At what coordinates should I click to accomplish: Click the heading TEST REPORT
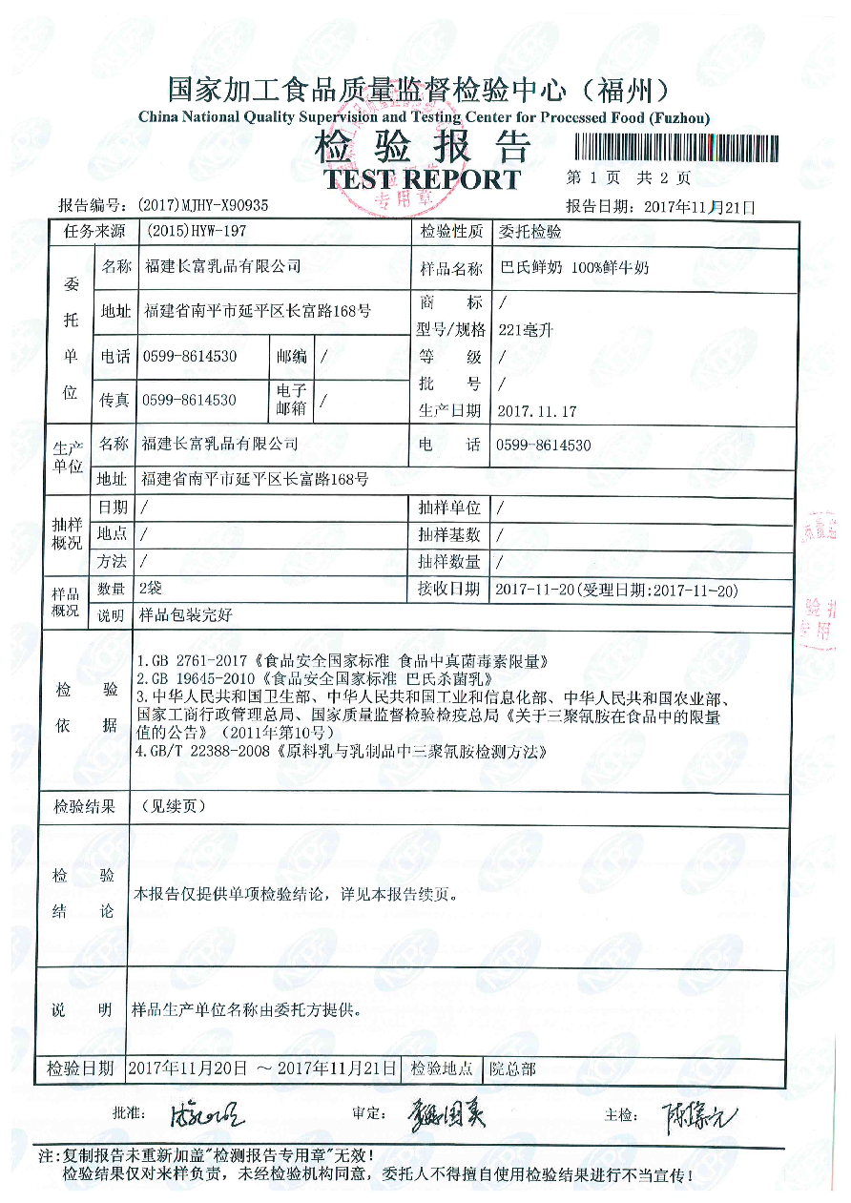click(423, 179)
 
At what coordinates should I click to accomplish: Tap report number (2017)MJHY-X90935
click(203, 205)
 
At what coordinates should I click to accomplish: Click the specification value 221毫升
click(527, 331)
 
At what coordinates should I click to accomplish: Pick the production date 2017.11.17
click(537, 411)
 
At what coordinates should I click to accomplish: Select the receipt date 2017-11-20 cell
click(616, 591)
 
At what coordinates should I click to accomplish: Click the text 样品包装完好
click(186, 616)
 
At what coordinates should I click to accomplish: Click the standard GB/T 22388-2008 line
click(343, 752)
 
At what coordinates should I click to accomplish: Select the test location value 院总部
click(512, 1068)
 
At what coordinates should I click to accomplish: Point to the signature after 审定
click(448, 1113)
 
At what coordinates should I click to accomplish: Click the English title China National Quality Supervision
click(424, 117)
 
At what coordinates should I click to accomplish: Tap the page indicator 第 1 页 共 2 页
click(628, 177)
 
